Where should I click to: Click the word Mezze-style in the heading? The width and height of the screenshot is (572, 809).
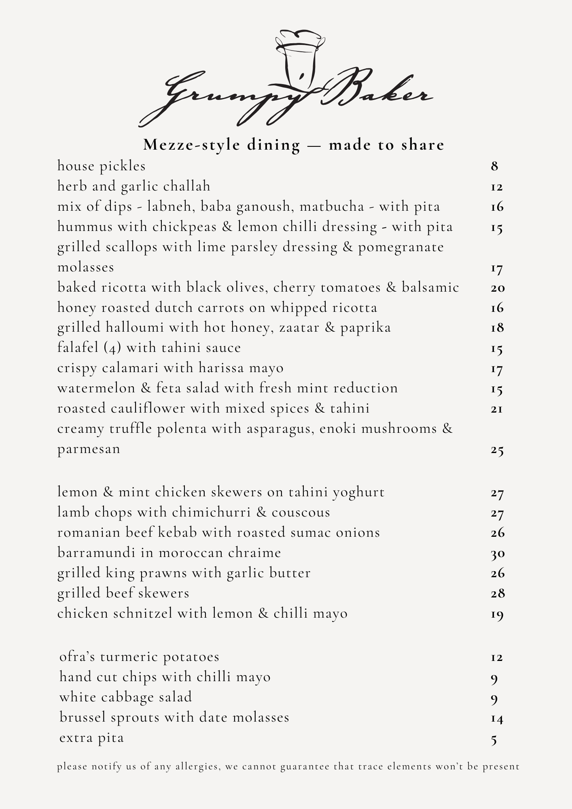(192, 145)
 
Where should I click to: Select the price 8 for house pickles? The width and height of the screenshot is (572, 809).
(494, 166)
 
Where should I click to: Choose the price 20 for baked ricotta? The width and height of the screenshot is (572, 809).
(498, 288)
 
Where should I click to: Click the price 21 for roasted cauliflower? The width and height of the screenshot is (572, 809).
(497, 409)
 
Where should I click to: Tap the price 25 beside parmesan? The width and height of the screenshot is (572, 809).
(497, 450)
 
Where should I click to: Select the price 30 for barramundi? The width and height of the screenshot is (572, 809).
(498, 553)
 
